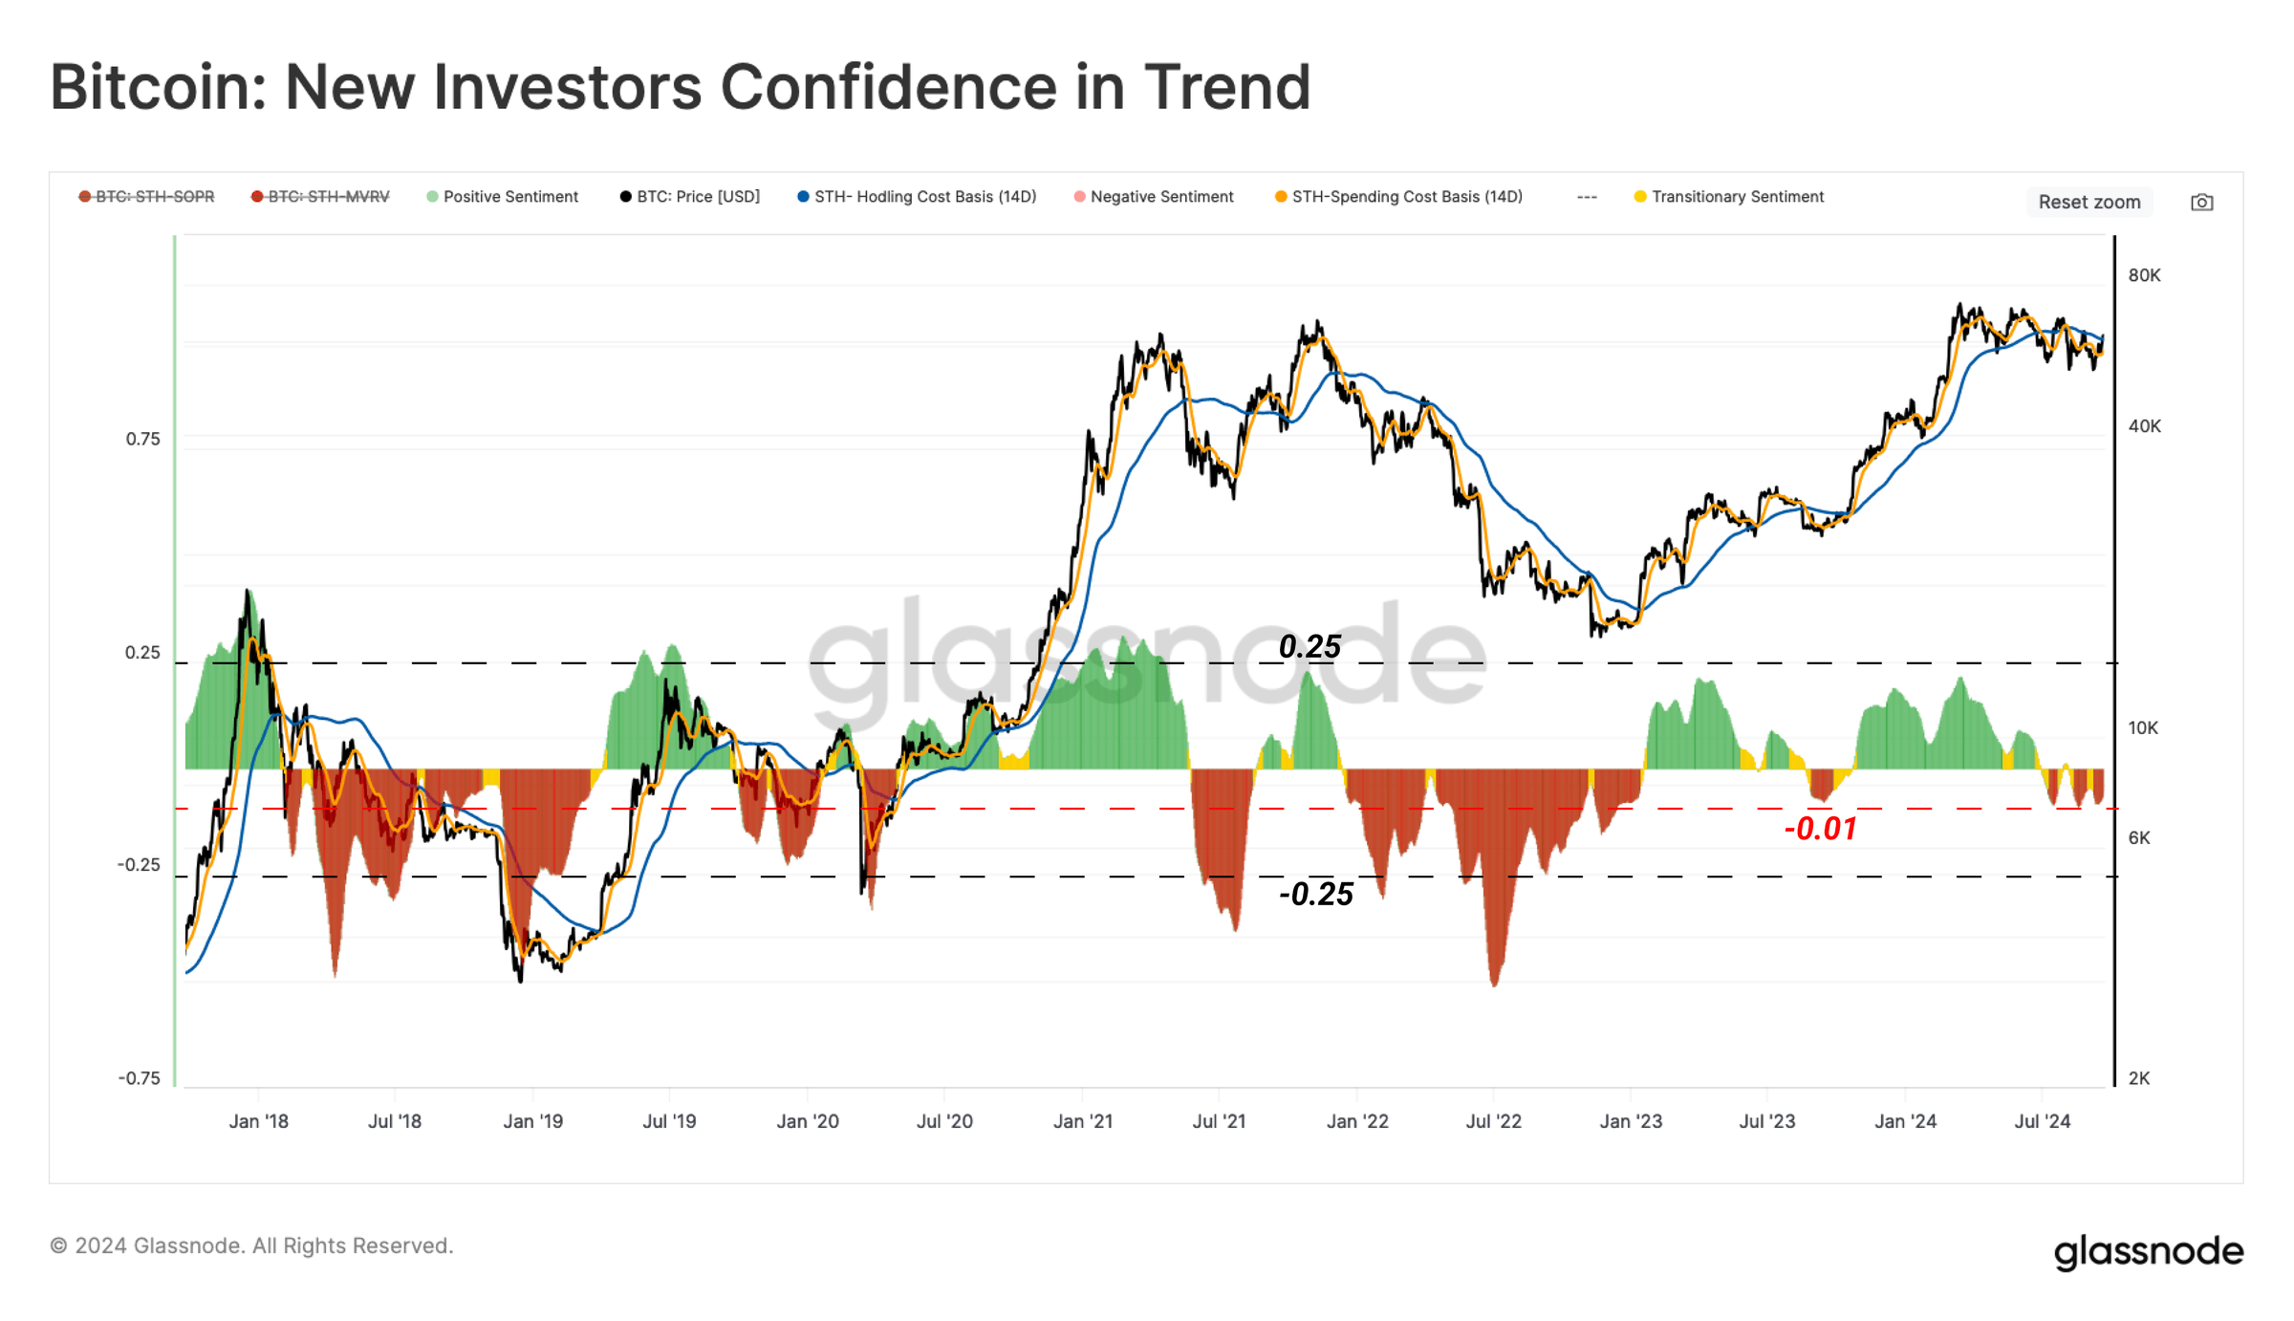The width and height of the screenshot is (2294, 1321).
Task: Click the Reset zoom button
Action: (x=2088, y=202)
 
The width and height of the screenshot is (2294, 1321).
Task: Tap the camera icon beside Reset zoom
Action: (x=2201, y=202)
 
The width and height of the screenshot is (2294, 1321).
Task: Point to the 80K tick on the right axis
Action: (x=2144, y=275)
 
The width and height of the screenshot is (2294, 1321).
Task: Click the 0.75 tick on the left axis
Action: (x=143, y=439)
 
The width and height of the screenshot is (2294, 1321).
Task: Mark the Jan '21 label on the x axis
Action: (x=1082, y=1121)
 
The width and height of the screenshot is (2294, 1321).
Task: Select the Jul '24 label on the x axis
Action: (x=2042, y=1121)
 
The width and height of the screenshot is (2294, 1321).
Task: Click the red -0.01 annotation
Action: (x=1820, y=829)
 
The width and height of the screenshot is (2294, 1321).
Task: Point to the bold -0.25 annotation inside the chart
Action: (x=1316, y=894)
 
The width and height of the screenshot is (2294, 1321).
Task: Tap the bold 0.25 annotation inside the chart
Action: (x=1309, y=647)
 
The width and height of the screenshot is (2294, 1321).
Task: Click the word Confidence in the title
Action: (x=888, y=87)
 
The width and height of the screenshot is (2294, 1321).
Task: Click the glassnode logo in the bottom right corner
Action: (x=2148, y=1251)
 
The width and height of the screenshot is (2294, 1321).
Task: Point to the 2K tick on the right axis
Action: (x=2139, y=1078)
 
